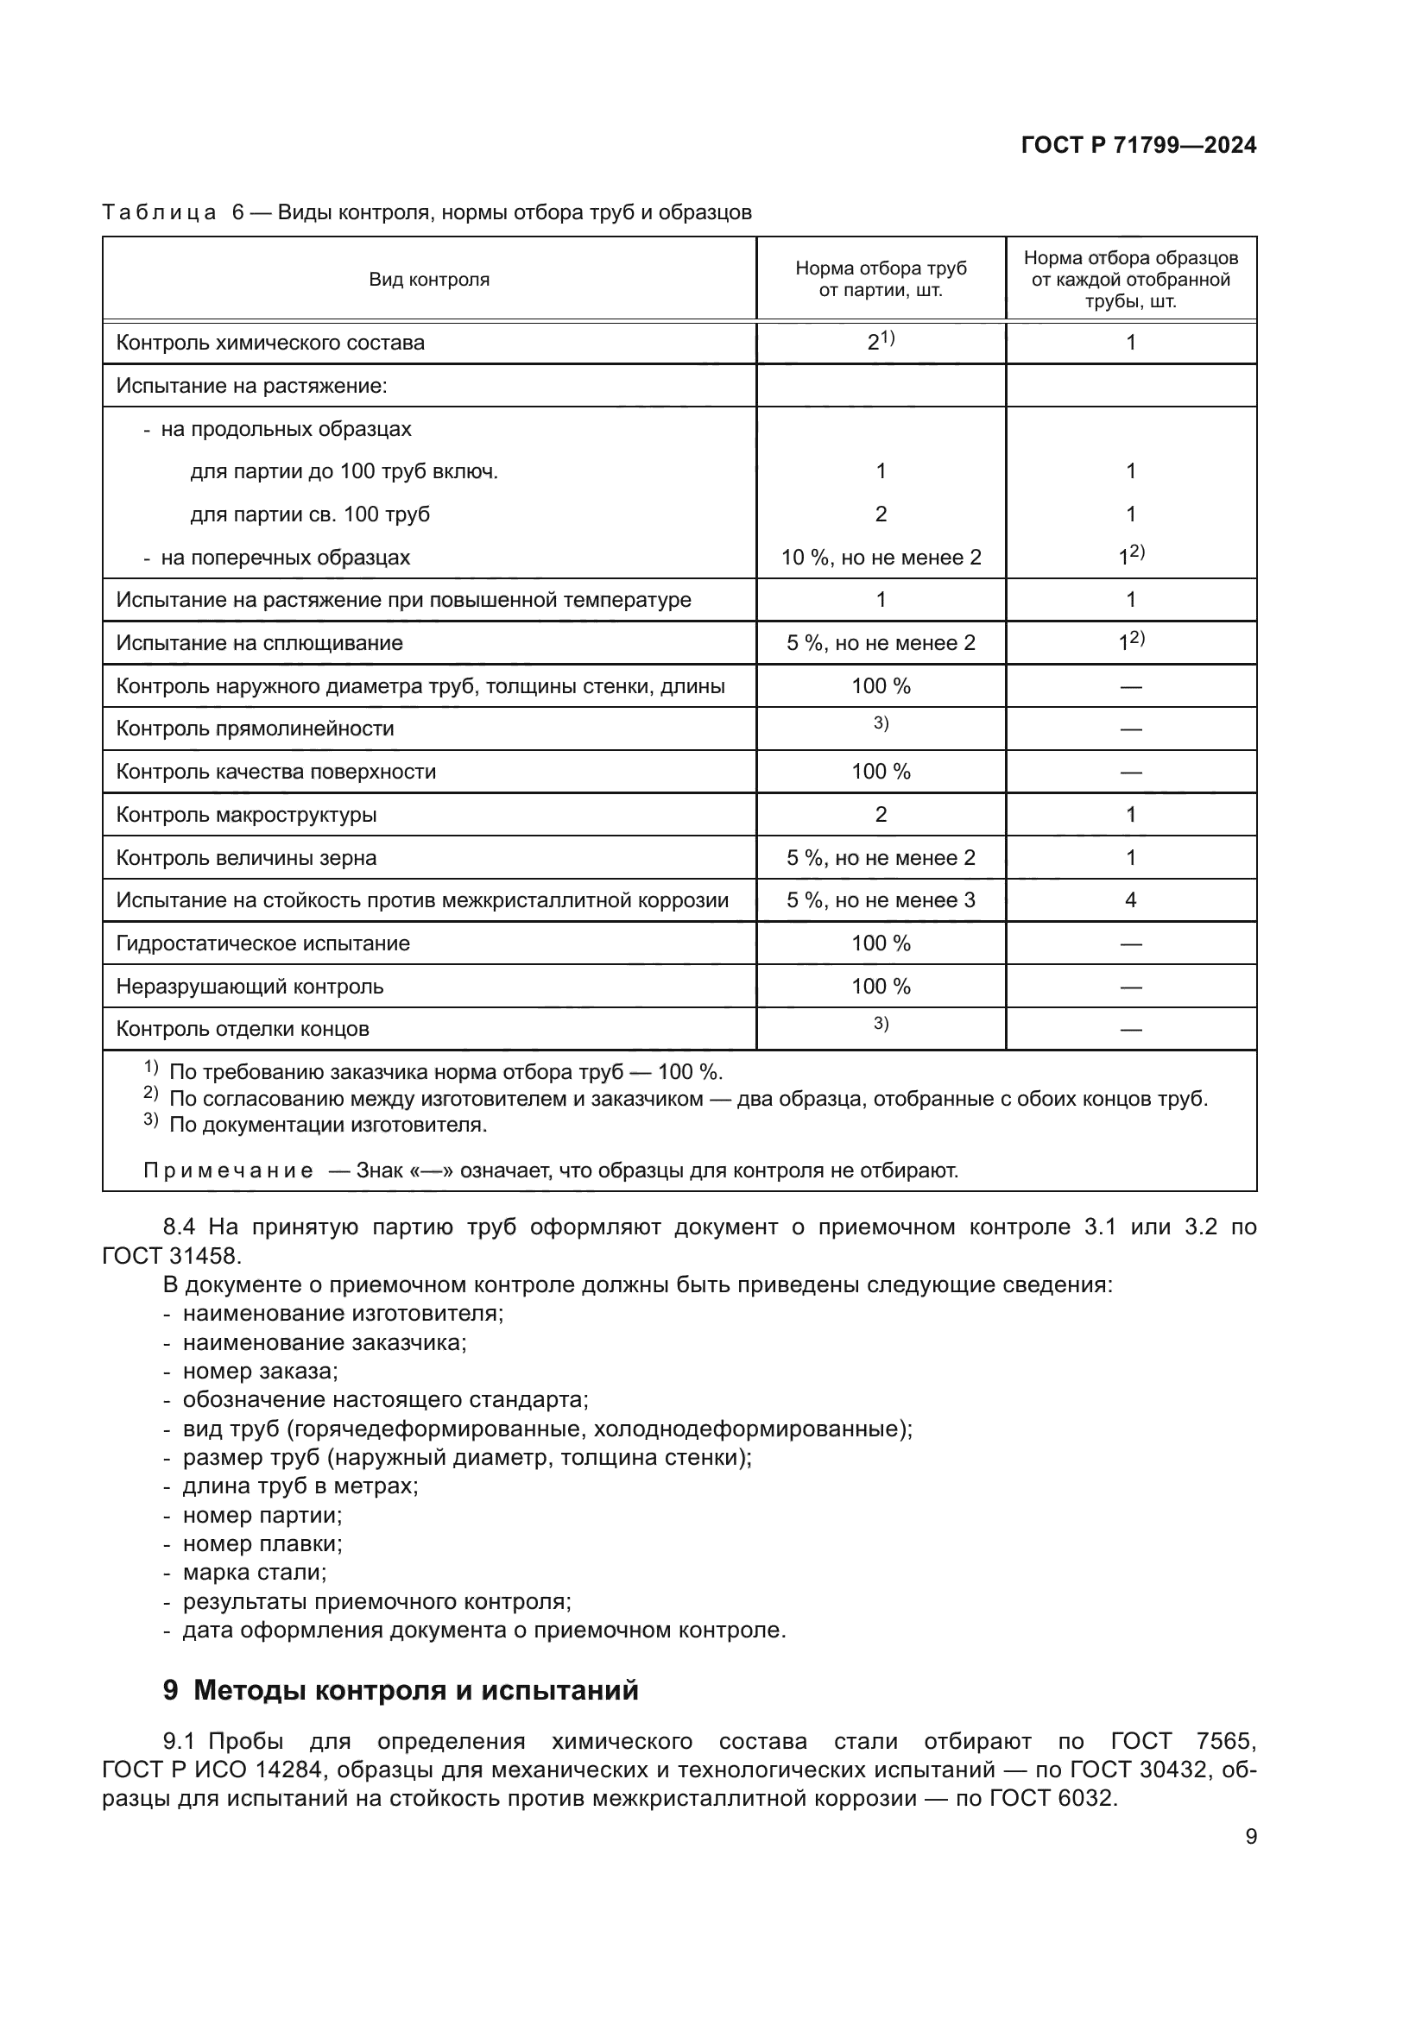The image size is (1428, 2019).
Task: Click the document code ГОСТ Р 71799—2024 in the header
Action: coord(1138,146)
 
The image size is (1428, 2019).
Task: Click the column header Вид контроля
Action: coord(428,280)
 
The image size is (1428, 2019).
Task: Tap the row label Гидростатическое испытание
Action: coord(262,943)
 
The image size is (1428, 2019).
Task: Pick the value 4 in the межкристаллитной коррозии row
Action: coord(1130,899)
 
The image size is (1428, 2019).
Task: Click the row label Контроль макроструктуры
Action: coord(246,815)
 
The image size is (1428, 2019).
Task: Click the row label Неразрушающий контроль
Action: coord(250,987)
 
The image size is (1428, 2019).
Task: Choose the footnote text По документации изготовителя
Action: coord(327,1125)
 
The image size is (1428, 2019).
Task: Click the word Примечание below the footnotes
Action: coord(228,1170)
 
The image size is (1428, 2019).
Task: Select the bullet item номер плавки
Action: coord(262,1543)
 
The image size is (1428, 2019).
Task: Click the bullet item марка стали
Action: coord(254,1572)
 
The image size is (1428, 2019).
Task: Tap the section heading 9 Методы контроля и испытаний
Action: coord(400,1690)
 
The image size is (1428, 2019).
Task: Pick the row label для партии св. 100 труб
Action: coord(310,514)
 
